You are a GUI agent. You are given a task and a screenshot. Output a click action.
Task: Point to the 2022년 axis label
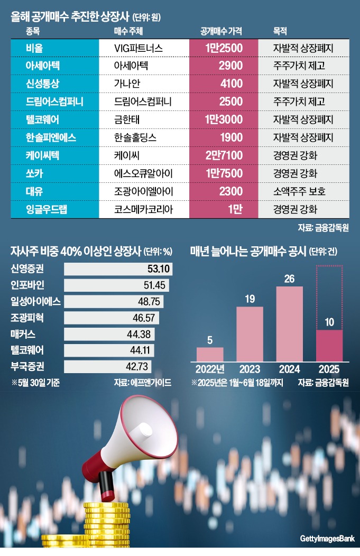coord(210,369)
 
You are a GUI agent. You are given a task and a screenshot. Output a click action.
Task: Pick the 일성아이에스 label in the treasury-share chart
coord(35,302)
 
